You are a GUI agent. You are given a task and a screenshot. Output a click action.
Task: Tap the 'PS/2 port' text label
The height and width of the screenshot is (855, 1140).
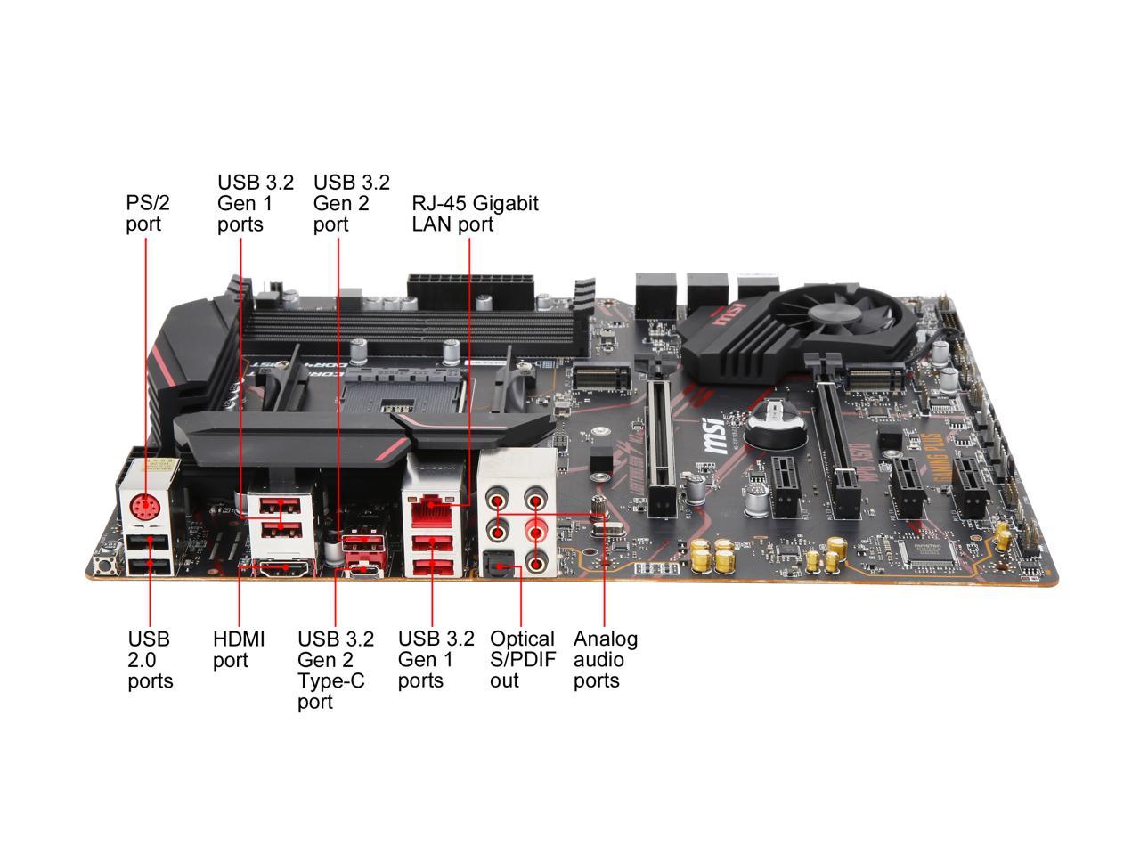[147, 213]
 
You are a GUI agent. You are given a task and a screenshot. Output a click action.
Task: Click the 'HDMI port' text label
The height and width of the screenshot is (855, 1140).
[239, 650]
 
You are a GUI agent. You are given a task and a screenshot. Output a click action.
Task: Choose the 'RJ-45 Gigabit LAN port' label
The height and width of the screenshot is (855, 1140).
[474, 213]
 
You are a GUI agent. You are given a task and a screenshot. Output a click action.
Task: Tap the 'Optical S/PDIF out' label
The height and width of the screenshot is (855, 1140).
[522, 660]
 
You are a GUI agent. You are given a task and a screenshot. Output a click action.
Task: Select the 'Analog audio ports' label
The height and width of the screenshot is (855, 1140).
[605, 660]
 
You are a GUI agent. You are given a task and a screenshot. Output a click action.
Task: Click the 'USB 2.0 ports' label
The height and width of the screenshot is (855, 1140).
[150, 660]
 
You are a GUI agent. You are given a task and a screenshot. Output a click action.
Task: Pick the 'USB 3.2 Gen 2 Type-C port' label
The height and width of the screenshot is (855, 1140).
[335, 671]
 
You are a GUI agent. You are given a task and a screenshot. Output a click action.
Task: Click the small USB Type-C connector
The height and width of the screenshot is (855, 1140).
[363, 569]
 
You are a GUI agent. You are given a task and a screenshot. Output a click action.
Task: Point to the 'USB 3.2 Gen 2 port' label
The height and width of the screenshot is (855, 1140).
[351, 203]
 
